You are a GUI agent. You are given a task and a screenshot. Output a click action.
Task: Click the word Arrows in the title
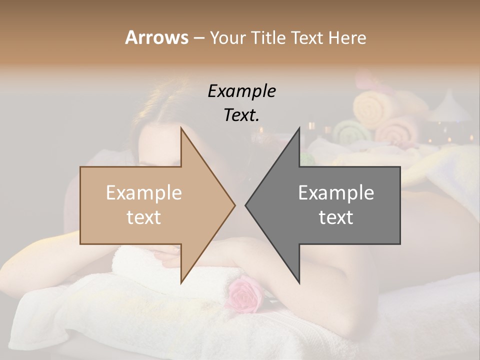tap(156, 37)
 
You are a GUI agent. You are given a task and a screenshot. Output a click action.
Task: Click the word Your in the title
tap(227, 37)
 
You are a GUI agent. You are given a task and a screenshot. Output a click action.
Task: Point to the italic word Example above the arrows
tap(241, 91)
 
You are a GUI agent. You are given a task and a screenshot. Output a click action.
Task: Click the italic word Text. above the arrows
tap(241, 115)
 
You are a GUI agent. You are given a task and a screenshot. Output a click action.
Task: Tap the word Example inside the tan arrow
tap(143, 192)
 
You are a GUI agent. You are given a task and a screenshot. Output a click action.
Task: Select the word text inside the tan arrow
tap(143, 217)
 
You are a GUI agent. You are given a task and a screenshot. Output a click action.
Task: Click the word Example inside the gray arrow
tap(336, 192)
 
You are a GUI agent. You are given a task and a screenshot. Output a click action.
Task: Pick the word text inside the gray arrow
tap(336, 217)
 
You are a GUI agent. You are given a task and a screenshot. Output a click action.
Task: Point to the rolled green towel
tap(352, 132)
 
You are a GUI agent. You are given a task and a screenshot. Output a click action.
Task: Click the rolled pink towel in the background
tap(397, 130)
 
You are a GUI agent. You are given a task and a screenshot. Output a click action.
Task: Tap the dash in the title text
tap(198, 38)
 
